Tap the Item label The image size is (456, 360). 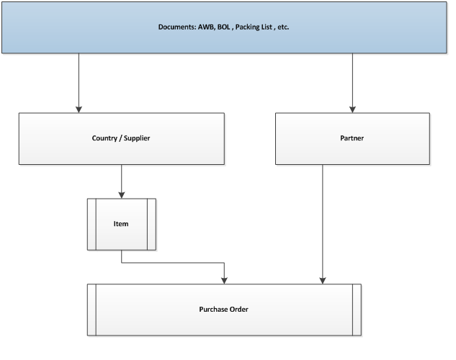coord(121,224)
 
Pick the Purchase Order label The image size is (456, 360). coord(224,310)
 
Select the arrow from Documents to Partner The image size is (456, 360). coord(353,83)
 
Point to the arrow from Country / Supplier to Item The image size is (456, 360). coord(121,180)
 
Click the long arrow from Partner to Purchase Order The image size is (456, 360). coord(322,223)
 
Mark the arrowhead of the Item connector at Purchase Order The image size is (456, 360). coord(225,279)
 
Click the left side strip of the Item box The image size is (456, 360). coord(91,224)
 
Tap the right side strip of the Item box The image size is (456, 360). coord(151,224)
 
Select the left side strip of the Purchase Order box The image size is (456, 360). coord(92,310)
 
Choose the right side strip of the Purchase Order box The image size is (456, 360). coord(357,310)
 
